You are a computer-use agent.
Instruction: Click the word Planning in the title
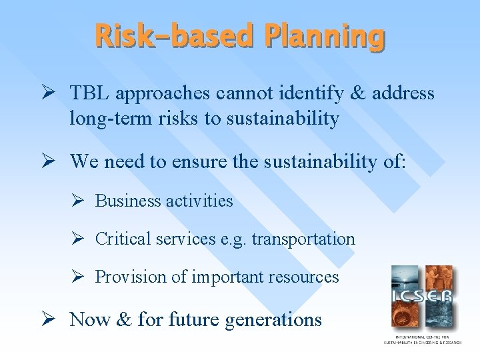point(324,36)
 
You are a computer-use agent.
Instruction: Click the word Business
point(128,201)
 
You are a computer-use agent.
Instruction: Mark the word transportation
point(305,239)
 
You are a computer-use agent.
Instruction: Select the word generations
point(273,320)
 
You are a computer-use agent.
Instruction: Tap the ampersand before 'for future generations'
point(123,319)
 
